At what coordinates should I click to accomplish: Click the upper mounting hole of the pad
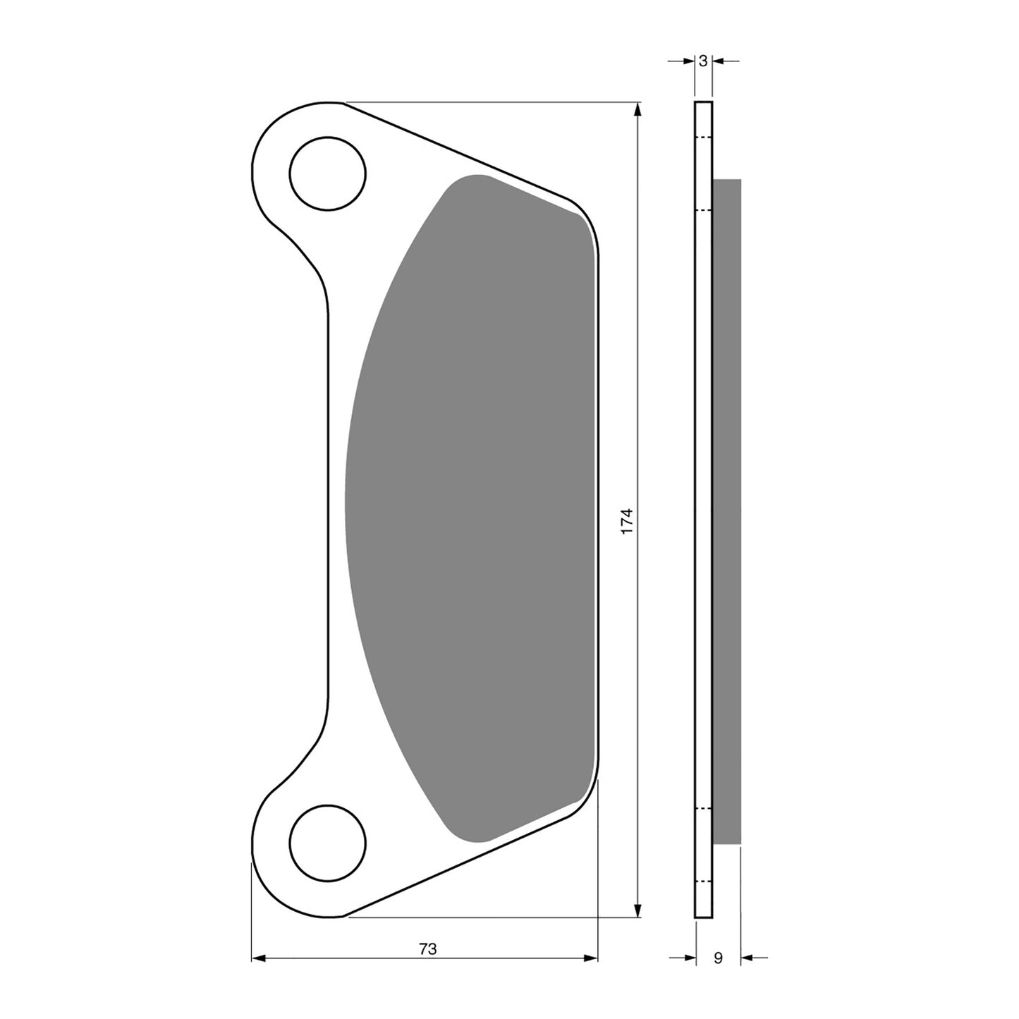click(x=328, y=173)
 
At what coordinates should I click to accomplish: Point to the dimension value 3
click(x=703, y=61)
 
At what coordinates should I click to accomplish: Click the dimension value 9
click(x=718, y=958)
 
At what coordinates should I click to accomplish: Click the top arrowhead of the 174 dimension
click(x=638, y=110)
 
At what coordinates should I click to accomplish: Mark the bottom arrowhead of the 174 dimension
click(x=638, y=910)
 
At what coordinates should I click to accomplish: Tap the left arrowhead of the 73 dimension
click(x=258, y=958)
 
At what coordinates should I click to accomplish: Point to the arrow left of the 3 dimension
click(x=685, y=61)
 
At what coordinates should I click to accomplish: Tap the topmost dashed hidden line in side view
click(x=703, y=137)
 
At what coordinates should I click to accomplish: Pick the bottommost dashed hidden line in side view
click(x=703, y=882)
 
